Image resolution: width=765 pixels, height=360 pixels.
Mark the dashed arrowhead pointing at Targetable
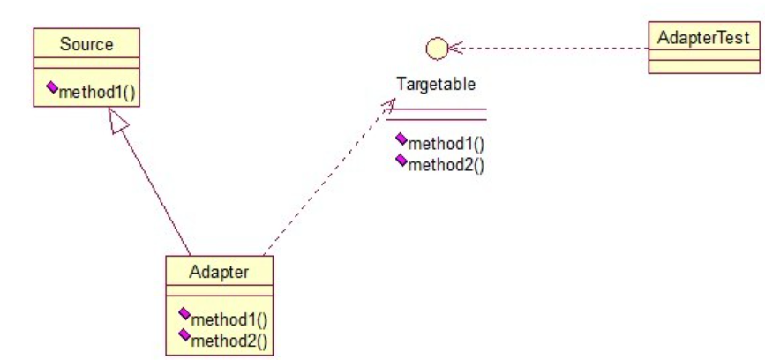coord(387,105)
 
